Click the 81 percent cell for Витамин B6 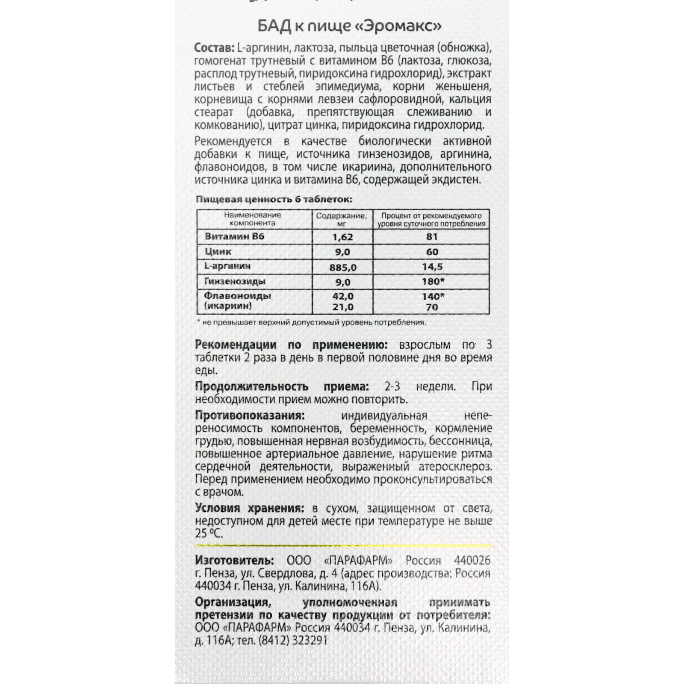coord(432,237)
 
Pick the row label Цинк coord(218,252)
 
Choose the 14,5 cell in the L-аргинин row coord(432,267)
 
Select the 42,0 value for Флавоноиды coord(342,296)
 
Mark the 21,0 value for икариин coord(342,307)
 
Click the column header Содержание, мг coord(342,219)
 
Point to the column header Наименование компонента coord(253,219)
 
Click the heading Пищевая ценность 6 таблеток coord(274,200)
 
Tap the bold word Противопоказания coord(250,416)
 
